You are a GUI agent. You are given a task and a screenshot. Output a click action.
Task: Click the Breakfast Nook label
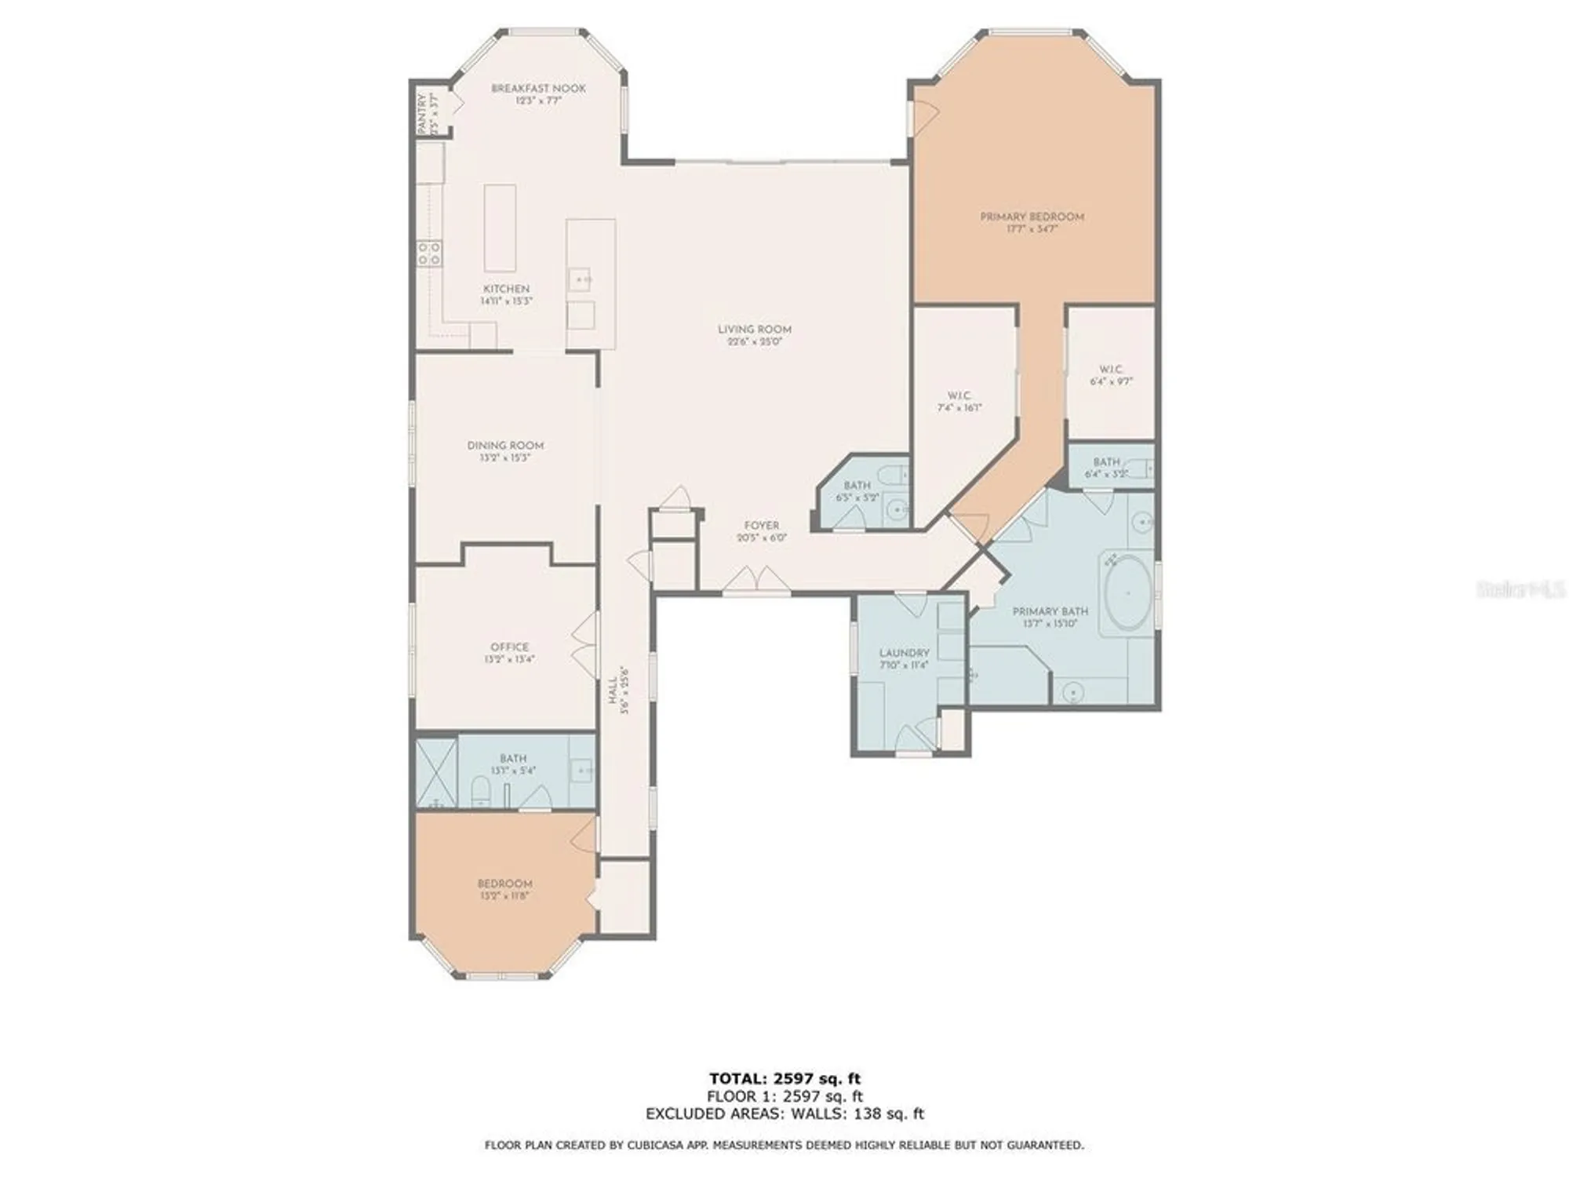[538, 89]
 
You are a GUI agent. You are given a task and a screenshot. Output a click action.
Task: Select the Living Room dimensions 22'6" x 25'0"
[754, 342]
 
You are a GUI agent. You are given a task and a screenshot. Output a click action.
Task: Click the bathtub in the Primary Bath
[1127, 593]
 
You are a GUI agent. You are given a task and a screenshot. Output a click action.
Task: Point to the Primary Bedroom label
[1032, 217]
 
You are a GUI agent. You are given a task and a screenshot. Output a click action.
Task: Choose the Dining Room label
[505, 446]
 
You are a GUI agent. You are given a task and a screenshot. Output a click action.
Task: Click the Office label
[509, 647]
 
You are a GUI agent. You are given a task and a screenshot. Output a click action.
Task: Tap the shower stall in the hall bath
[436, 773]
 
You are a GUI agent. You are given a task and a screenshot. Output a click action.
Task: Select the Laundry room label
[904, 653]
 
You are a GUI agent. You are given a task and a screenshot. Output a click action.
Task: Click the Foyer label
[761, 526]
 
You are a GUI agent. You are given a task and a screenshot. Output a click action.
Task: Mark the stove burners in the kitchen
[428, 253]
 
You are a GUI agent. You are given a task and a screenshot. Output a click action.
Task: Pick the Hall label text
[613, 691]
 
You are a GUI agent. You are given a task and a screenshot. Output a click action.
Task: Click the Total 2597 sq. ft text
[784, 1079]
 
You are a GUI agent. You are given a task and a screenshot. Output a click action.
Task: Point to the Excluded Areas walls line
[784, 1113]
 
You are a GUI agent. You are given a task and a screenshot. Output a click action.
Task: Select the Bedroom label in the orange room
[504, 884]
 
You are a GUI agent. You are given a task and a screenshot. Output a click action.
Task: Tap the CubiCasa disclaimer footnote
[784, 1146]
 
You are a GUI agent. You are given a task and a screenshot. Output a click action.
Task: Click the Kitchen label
[506, 289]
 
